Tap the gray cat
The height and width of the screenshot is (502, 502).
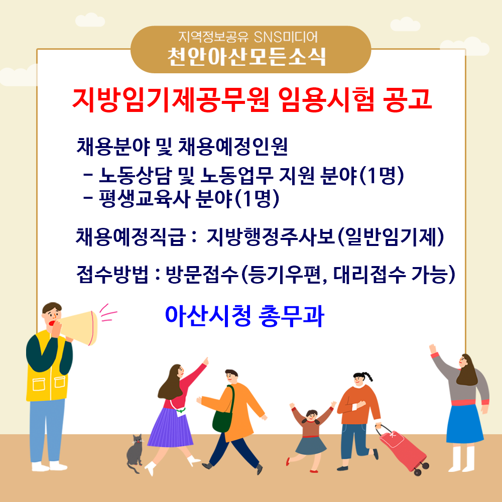tap(135, 453)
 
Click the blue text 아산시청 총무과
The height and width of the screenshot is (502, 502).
tap(244, 316)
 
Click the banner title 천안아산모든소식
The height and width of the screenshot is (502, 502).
tap(246, 57)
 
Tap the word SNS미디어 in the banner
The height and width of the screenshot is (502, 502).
tap(286, 37)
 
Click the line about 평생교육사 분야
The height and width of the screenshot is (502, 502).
tap(181, 199)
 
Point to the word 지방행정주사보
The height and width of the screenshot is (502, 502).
tap(271, 237)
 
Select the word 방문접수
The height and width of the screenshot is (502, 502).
tap(202, 275)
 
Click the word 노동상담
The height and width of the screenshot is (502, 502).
tap(135, 176)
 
